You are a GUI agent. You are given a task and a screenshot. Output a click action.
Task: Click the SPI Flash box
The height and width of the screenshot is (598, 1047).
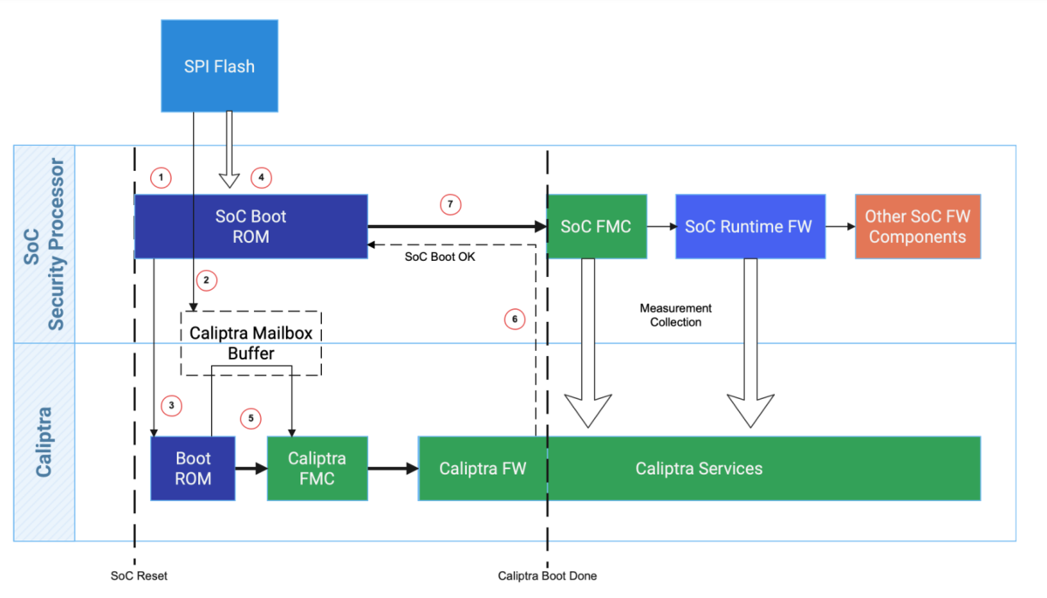(219, 65)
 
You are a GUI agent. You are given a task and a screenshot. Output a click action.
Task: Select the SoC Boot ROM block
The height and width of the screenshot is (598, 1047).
(250, 226)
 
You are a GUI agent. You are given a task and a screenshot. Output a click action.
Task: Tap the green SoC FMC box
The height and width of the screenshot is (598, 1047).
(597, 226)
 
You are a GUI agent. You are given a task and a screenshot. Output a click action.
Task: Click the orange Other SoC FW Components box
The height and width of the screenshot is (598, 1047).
(917, 226)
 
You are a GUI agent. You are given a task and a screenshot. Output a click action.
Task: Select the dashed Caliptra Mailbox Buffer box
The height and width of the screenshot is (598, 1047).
(251, 342)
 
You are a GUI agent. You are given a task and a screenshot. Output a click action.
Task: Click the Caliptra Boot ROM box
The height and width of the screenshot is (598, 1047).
(193, 468)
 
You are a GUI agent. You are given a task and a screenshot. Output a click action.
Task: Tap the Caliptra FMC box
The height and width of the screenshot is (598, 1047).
(317, 468)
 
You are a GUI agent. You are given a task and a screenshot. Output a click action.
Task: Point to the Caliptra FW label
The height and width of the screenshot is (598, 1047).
(482, 468)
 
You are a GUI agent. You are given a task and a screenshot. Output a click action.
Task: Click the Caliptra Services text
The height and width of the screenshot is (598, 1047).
(699, 468)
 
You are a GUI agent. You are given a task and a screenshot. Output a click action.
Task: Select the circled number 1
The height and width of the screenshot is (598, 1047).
(160, 178)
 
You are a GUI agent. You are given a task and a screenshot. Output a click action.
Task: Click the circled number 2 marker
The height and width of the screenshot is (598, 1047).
(206, 280)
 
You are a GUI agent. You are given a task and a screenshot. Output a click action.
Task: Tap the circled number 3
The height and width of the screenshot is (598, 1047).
(172, 405)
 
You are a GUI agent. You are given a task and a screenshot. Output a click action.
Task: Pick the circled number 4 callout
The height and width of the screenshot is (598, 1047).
(261, 178)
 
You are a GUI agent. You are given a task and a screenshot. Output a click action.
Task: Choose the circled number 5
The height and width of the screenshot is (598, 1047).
(251, 418)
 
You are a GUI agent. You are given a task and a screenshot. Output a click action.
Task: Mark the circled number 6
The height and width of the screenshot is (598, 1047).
(515, 320)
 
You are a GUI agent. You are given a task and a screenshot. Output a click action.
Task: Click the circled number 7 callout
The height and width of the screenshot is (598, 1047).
(450, 204)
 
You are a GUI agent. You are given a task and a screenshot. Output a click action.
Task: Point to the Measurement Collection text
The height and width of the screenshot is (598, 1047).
(675, 315)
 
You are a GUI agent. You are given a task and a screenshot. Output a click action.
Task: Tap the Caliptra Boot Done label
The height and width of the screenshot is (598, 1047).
(547, 576)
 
